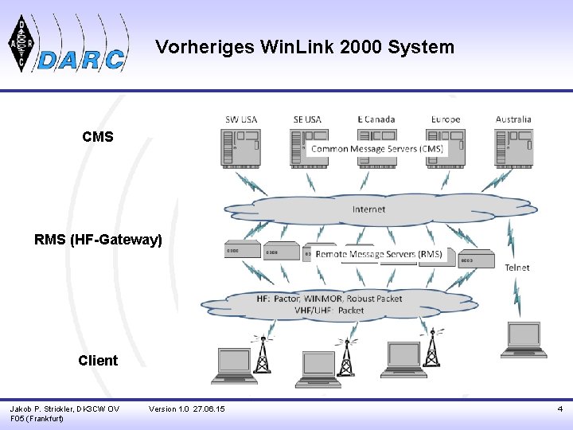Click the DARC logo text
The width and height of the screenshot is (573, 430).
82,60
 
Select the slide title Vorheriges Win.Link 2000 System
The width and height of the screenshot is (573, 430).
305,47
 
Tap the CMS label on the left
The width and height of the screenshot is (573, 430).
98,137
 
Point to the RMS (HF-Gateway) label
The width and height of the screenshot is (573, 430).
99,239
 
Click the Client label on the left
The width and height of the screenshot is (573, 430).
98,360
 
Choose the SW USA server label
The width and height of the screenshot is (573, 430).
241,119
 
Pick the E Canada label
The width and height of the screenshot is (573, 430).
376,119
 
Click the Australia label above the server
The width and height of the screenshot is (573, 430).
513,119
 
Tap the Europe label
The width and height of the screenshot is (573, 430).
446,119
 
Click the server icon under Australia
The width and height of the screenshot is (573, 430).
513,147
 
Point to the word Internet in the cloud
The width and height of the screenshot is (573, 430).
368,209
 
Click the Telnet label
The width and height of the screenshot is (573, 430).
517,268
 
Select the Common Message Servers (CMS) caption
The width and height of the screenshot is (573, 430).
376,149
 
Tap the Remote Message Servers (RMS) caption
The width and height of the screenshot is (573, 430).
379,254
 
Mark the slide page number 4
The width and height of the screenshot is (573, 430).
559,409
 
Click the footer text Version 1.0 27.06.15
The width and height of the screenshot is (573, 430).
187,409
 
